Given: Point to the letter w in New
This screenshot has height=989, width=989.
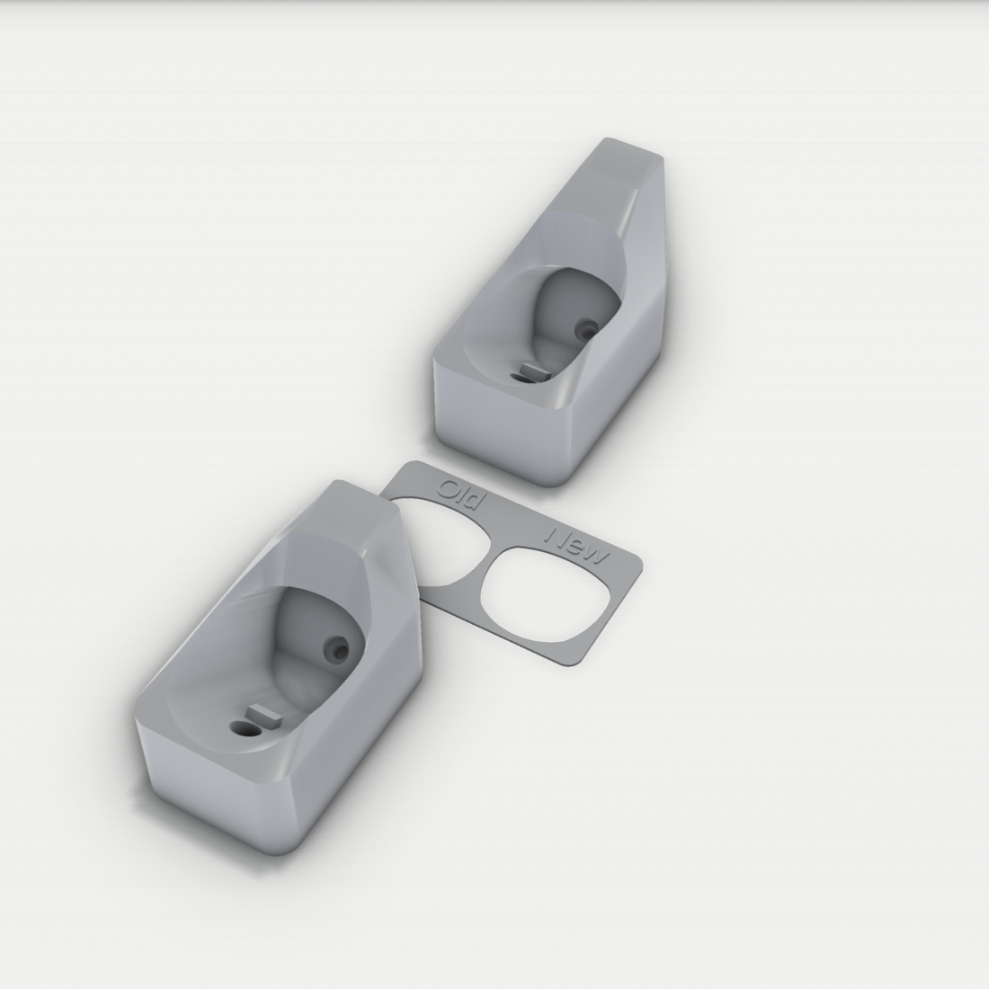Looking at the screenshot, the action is (597, 556).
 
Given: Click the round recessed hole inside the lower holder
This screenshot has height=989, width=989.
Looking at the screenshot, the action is (334, 647).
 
